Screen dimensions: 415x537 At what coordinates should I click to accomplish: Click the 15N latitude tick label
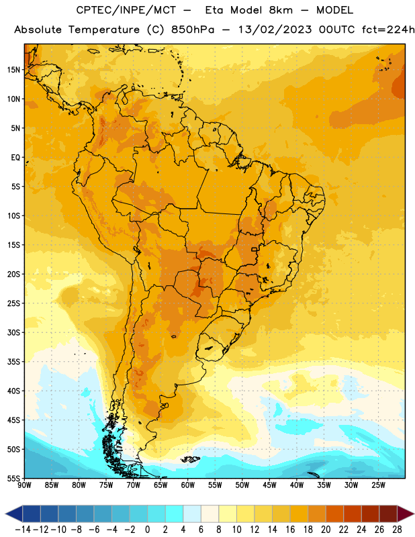click(13, 70)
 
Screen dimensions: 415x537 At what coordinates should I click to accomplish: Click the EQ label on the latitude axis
click(15, 158)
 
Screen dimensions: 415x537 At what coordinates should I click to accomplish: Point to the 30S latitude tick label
click(13, 332)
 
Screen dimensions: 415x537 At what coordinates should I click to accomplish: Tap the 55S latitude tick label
click(13, 478)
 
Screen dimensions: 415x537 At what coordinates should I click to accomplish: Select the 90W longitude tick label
click(24, 485)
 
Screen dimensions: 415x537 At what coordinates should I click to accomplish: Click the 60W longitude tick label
click(188, 485)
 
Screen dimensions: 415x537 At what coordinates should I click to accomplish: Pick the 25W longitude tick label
click(378, 485)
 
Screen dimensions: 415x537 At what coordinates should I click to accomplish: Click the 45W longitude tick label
click(269, 485)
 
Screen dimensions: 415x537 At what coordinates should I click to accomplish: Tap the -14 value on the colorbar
click(23, 530)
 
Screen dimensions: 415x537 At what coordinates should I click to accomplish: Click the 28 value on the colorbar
click(397, 530)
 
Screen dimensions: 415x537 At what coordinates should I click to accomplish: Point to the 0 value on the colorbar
click(147, 530)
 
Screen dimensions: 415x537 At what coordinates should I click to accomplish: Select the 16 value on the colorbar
click(290, 530)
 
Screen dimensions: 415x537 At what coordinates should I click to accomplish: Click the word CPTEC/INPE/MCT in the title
click(126, 10)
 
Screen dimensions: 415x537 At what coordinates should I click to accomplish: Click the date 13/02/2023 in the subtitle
click(275, 30)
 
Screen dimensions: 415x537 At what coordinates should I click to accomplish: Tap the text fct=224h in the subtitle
click(388, 30)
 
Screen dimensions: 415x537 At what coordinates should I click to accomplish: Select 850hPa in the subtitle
click(193, 30)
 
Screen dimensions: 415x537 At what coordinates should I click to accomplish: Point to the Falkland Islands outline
click(191, 458)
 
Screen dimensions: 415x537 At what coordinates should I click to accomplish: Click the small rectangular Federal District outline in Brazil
click(255, 249)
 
